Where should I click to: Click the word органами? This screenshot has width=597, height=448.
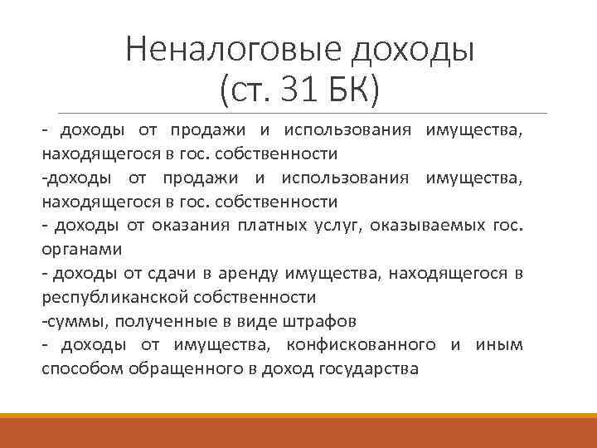tap(81, 249)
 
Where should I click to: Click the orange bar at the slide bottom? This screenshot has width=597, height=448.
tap(298, 431)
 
